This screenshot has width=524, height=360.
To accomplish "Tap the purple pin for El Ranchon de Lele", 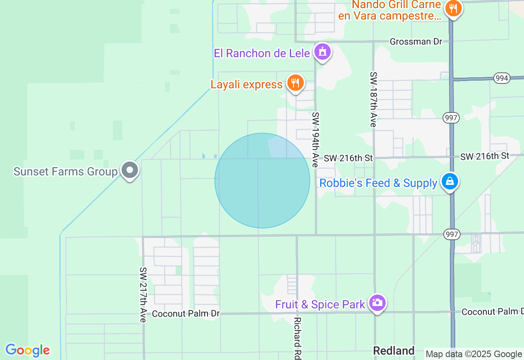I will point(323,52).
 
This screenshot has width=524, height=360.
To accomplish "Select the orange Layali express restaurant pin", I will point(295,83).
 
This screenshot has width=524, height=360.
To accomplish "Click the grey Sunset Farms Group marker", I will point(130,170).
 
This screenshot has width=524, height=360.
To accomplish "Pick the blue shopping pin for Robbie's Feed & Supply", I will point(449,181).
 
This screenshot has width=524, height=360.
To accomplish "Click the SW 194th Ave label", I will point(315,139).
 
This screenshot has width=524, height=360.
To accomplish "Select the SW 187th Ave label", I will point(373,99).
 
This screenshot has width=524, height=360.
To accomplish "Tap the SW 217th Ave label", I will point(143,295).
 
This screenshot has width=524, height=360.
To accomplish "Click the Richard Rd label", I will point(298,338).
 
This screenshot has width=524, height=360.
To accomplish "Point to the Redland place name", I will point(394,351).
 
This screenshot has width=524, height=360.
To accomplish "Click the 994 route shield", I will point(501,78).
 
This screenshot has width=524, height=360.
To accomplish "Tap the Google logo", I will point(27,350).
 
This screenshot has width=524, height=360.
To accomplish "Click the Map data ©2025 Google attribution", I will point(474,354).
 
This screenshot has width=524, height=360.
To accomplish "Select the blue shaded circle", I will point(262,180).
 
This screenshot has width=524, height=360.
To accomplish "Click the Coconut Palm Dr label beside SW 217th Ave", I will point(186,314).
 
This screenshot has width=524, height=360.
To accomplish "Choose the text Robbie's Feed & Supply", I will point(378,183).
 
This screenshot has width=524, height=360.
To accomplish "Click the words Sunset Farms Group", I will point(65,171).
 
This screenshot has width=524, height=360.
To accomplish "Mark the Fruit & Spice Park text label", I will point(320,304).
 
